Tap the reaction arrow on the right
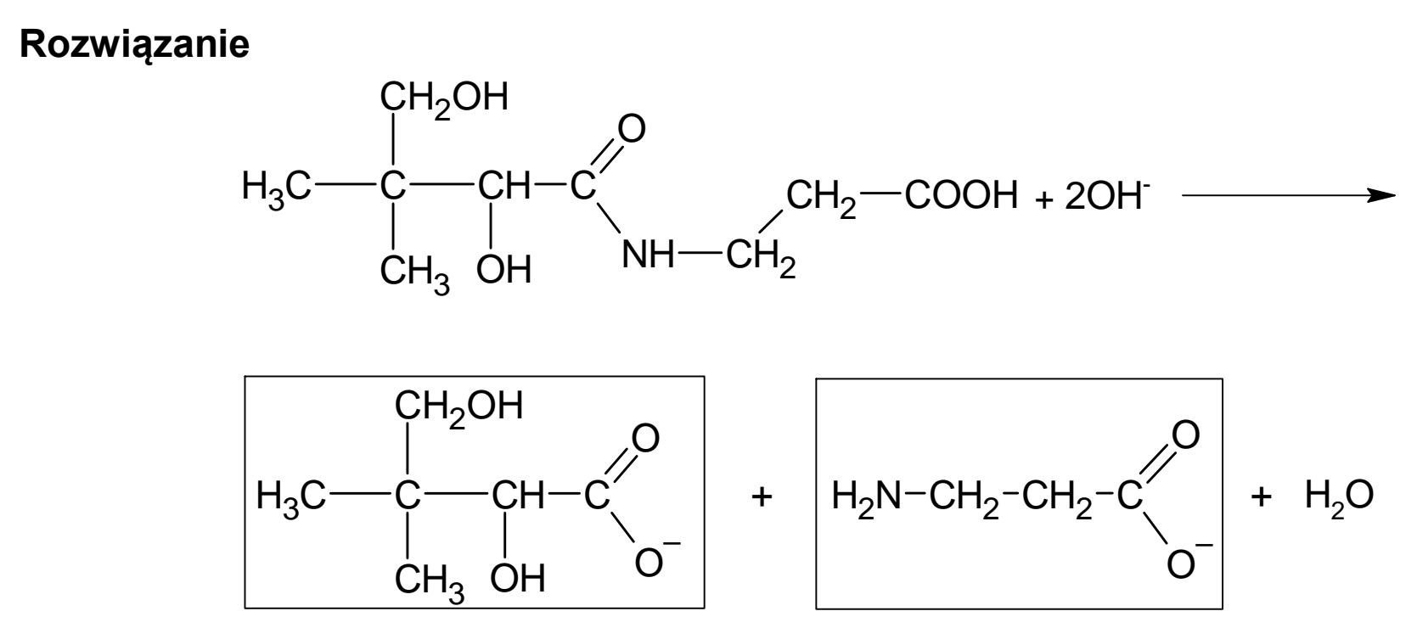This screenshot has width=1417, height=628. point(1289,196)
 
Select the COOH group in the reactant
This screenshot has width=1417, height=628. point(962,195)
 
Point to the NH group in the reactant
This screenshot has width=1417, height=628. point(649,255)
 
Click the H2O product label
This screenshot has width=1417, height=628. point(1339,496)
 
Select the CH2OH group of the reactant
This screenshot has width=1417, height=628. point(444,98)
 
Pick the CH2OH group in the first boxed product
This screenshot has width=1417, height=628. point(458,407)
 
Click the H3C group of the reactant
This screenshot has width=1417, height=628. point(277,188)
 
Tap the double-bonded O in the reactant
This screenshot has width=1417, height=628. point(632,129)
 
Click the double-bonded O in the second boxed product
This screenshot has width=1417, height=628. point(1185,435)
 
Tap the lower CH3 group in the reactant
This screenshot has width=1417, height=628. point(414,273)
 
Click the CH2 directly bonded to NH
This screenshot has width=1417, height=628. point(761,259)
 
